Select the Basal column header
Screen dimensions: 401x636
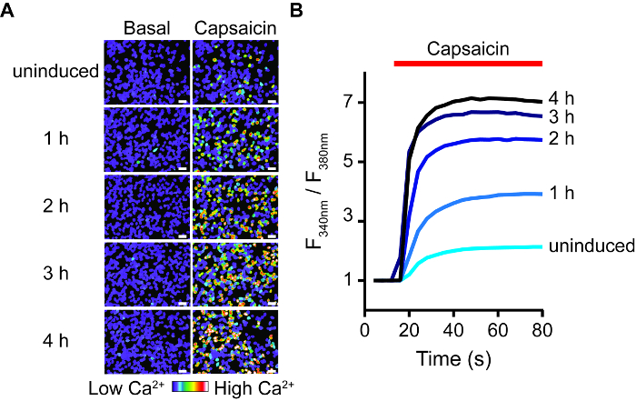[147, 27]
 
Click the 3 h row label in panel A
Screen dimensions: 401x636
[54, 276]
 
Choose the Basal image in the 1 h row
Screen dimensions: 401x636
[147, 140]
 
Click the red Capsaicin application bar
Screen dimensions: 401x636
[468, 63]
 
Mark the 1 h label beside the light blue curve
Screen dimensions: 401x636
[561, 193]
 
